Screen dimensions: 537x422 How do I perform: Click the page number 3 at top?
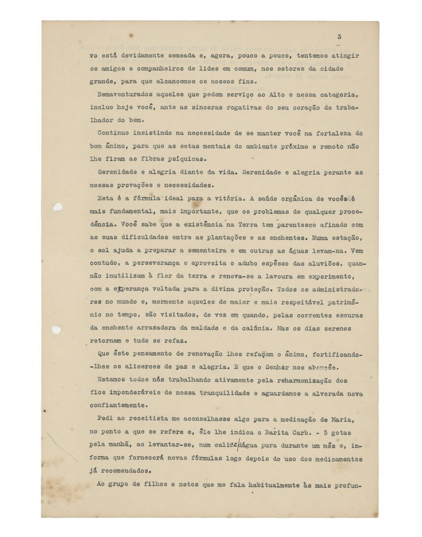tap(339, 37)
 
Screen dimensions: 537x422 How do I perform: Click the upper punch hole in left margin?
tap(58, 207)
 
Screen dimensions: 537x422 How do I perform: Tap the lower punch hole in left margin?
tap(56, 330)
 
